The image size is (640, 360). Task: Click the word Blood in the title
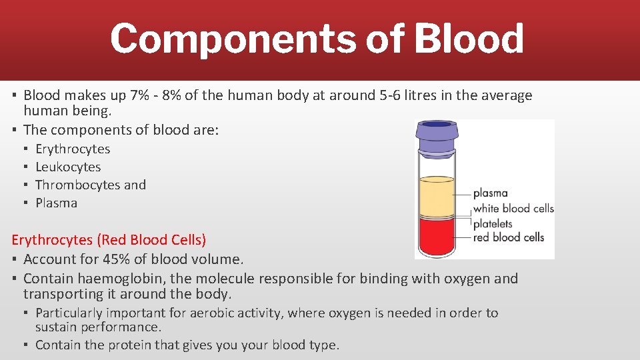click(469, 39)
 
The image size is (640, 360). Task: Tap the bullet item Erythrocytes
click(73, 149)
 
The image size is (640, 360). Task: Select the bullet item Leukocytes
click(68, 167)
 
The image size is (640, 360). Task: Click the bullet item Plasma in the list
click(56, 203)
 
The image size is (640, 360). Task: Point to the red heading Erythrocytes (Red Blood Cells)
click(109, 239)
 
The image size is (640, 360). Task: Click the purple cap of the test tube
click(437, 135)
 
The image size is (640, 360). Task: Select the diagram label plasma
click(490, 193)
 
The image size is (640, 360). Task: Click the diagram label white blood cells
click(513, 208)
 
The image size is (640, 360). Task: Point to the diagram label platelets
click(493, 223)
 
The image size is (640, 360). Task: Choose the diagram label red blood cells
click(509, 237)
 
